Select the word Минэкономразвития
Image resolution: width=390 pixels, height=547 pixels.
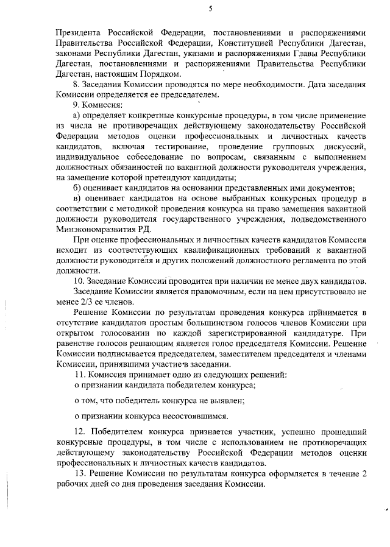pyautogui.click(x=94, y=228)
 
